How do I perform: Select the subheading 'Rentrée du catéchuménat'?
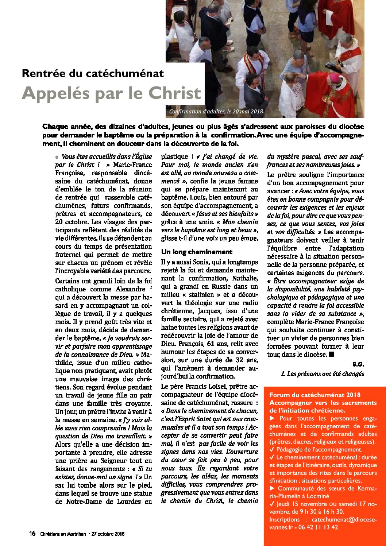(93, 73)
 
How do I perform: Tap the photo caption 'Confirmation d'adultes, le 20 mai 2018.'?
(216, 112)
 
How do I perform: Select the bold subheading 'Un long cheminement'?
(197, 252)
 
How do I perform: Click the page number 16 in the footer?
(32, 534)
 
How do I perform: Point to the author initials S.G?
(358, 364)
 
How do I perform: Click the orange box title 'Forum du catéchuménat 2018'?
(315, 395)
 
